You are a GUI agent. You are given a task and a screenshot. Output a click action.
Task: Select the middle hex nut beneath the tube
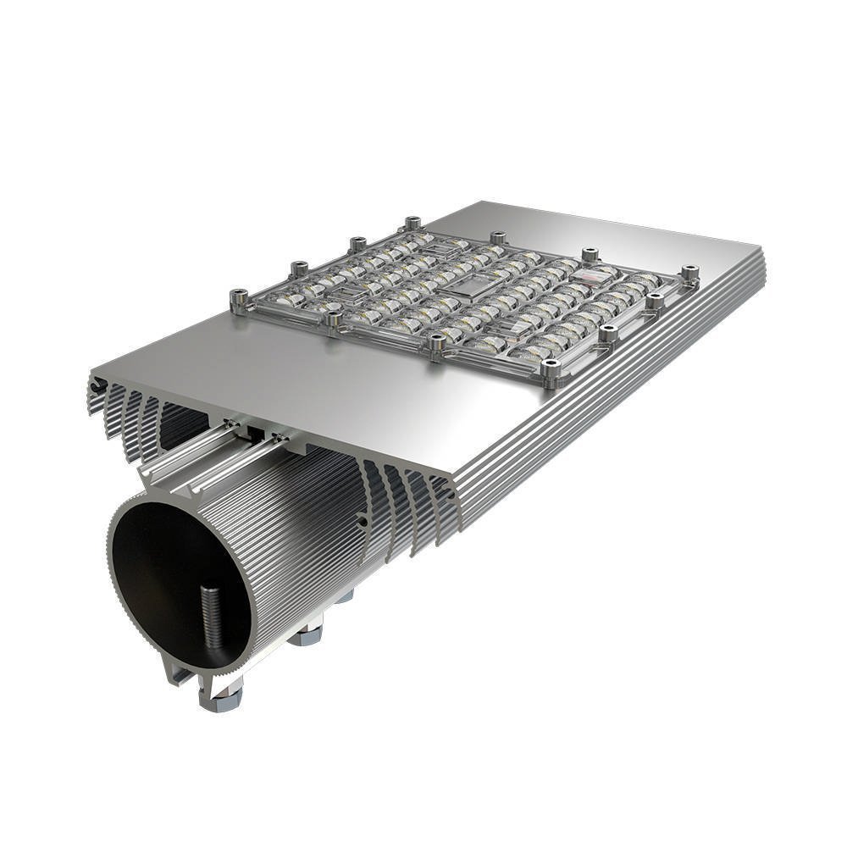(305, 633)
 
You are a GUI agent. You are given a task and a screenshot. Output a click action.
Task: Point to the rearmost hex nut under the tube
(344, 597)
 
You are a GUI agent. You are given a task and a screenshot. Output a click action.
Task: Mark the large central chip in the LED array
(465, 291)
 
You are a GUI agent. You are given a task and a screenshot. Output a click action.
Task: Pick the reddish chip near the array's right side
(591, 273)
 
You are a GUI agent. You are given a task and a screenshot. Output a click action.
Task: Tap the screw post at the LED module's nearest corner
(551, 369)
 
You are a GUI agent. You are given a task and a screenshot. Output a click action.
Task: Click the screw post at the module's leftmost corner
(239, 297)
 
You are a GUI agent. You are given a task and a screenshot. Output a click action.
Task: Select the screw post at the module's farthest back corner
(412, 224)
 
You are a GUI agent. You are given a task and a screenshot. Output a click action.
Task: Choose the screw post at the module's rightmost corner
(691, 273)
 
